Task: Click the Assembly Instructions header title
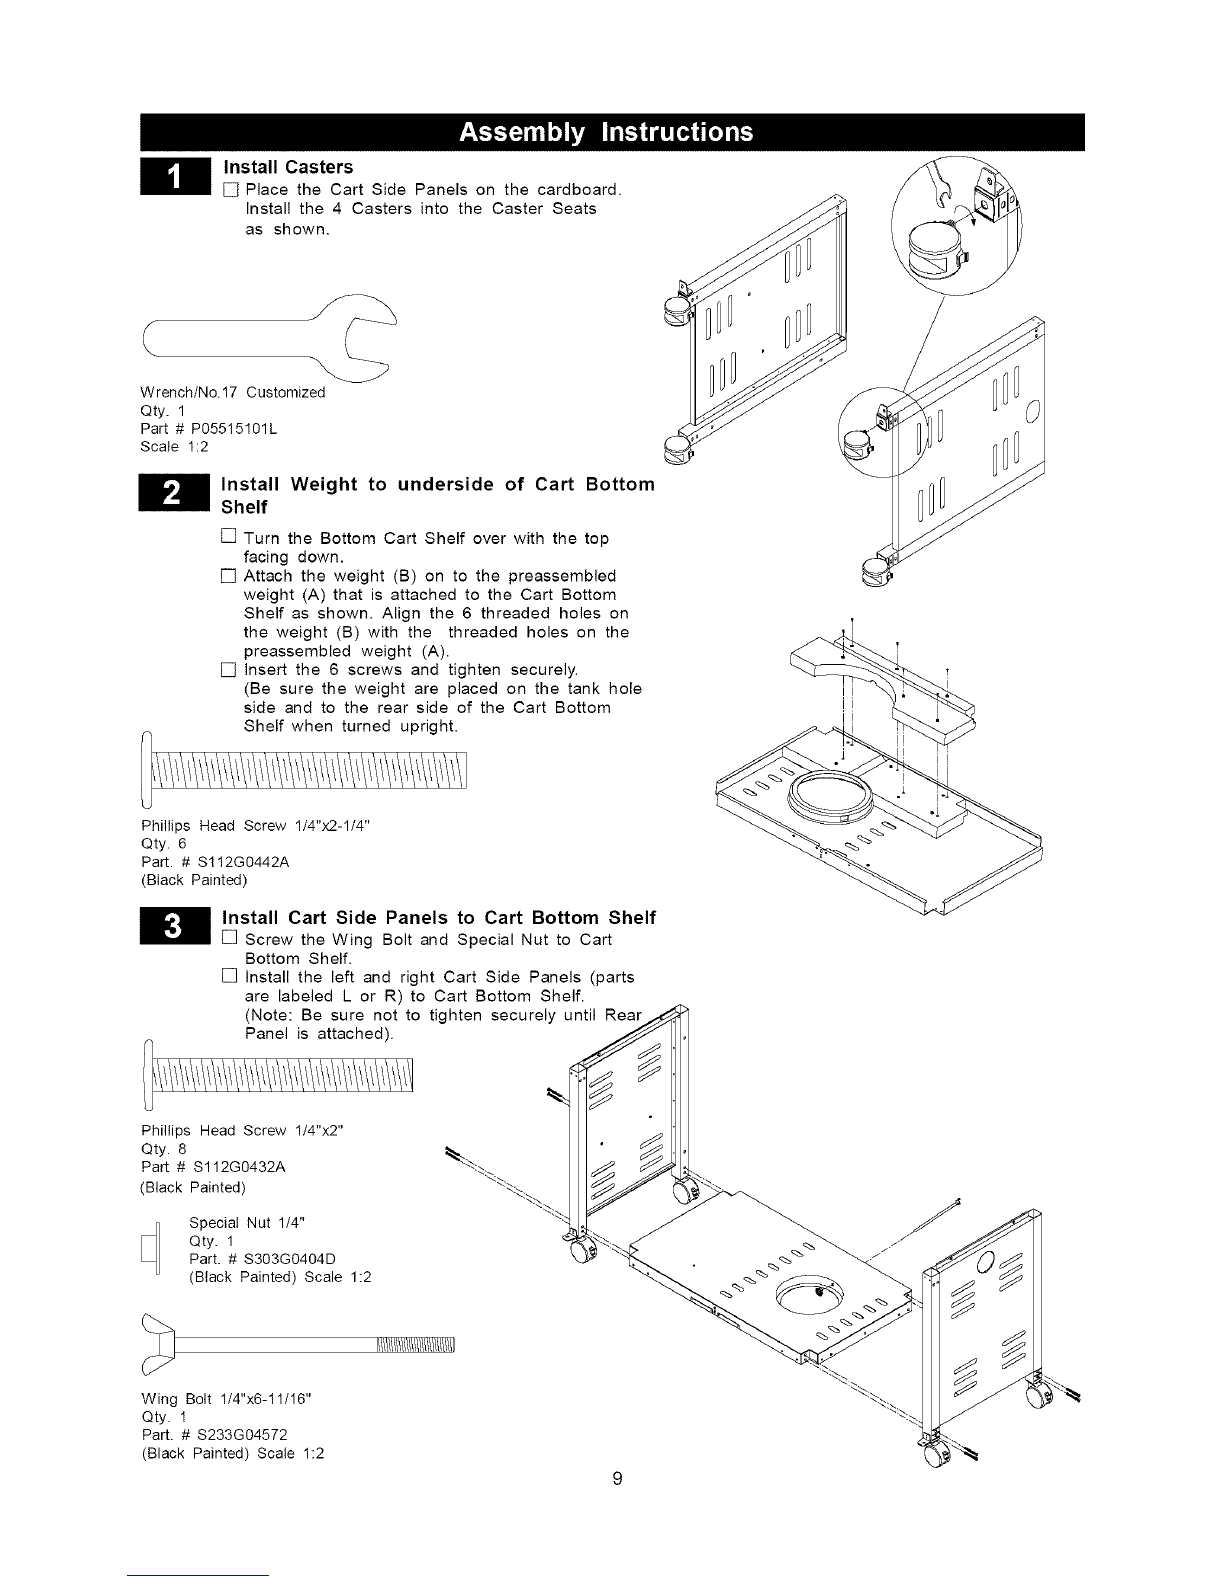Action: coord(606,132)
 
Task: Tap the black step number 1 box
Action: coord(175,176)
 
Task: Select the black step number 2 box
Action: coord(174,493)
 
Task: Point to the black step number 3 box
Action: coord(174,926)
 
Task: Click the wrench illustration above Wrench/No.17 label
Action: coord(270,338)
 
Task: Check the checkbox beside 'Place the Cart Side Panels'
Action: coord(230,190)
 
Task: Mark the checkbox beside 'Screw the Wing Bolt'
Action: coord(230,937)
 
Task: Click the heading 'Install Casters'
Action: coord(288,167)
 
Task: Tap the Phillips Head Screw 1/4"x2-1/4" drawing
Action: coord(303,770)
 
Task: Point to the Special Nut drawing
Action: coord(151,1247)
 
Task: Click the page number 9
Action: coord(617,1479)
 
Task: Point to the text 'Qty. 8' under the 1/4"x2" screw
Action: coord(164,1149)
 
